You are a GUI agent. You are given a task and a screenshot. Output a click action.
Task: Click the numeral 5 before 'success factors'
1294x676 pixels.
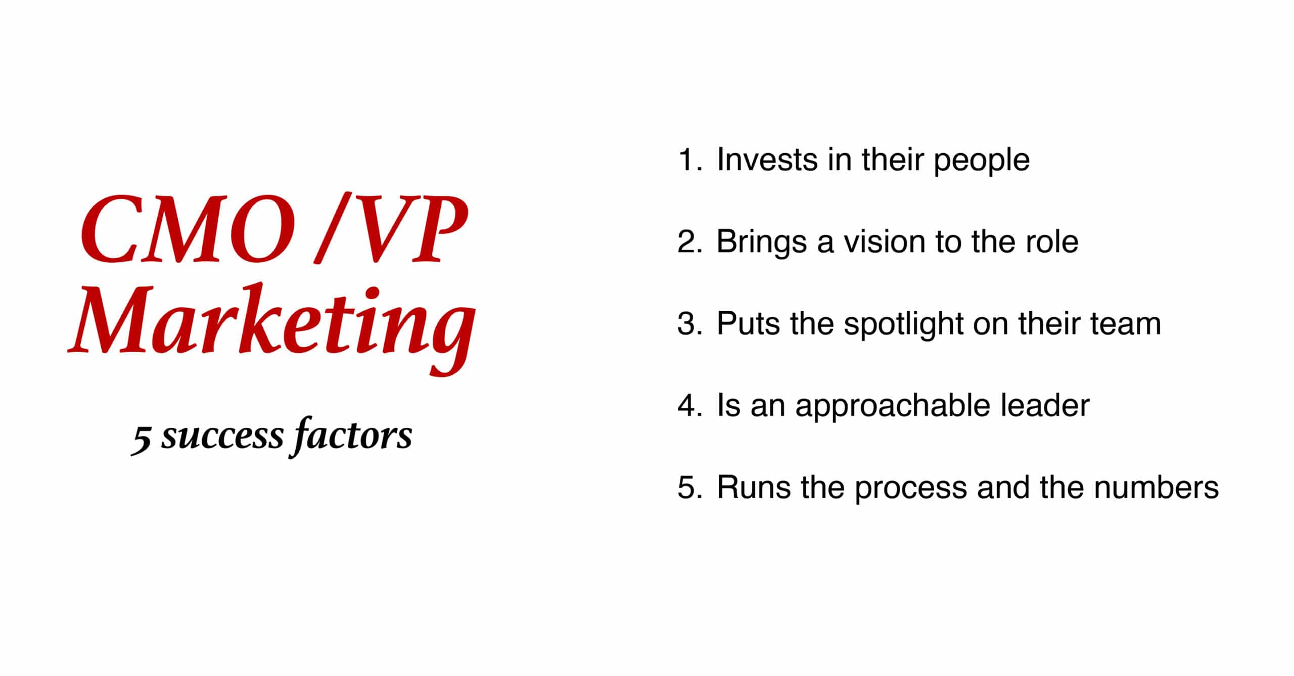pos(141,440)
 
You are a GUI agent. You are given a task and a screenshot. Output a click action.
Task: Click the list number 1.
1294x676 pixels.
pos(689,160)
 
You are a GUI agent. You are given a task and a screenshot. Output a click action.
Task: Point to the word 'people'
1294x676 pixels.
pos(981,162)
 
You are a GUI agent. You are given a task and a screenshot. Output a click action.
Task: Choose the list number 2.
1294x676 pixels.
pos(689,242)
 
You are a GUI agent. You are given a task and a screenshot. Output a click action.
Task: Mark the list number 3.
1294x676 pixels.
pos(689,323)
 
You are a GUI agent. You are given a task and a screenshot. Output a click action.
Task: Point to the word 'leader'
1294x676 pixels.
pos(1046,405)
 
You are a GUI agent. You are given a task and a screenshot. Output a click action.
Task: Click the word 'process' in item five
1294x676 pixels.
pos(910,490)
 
